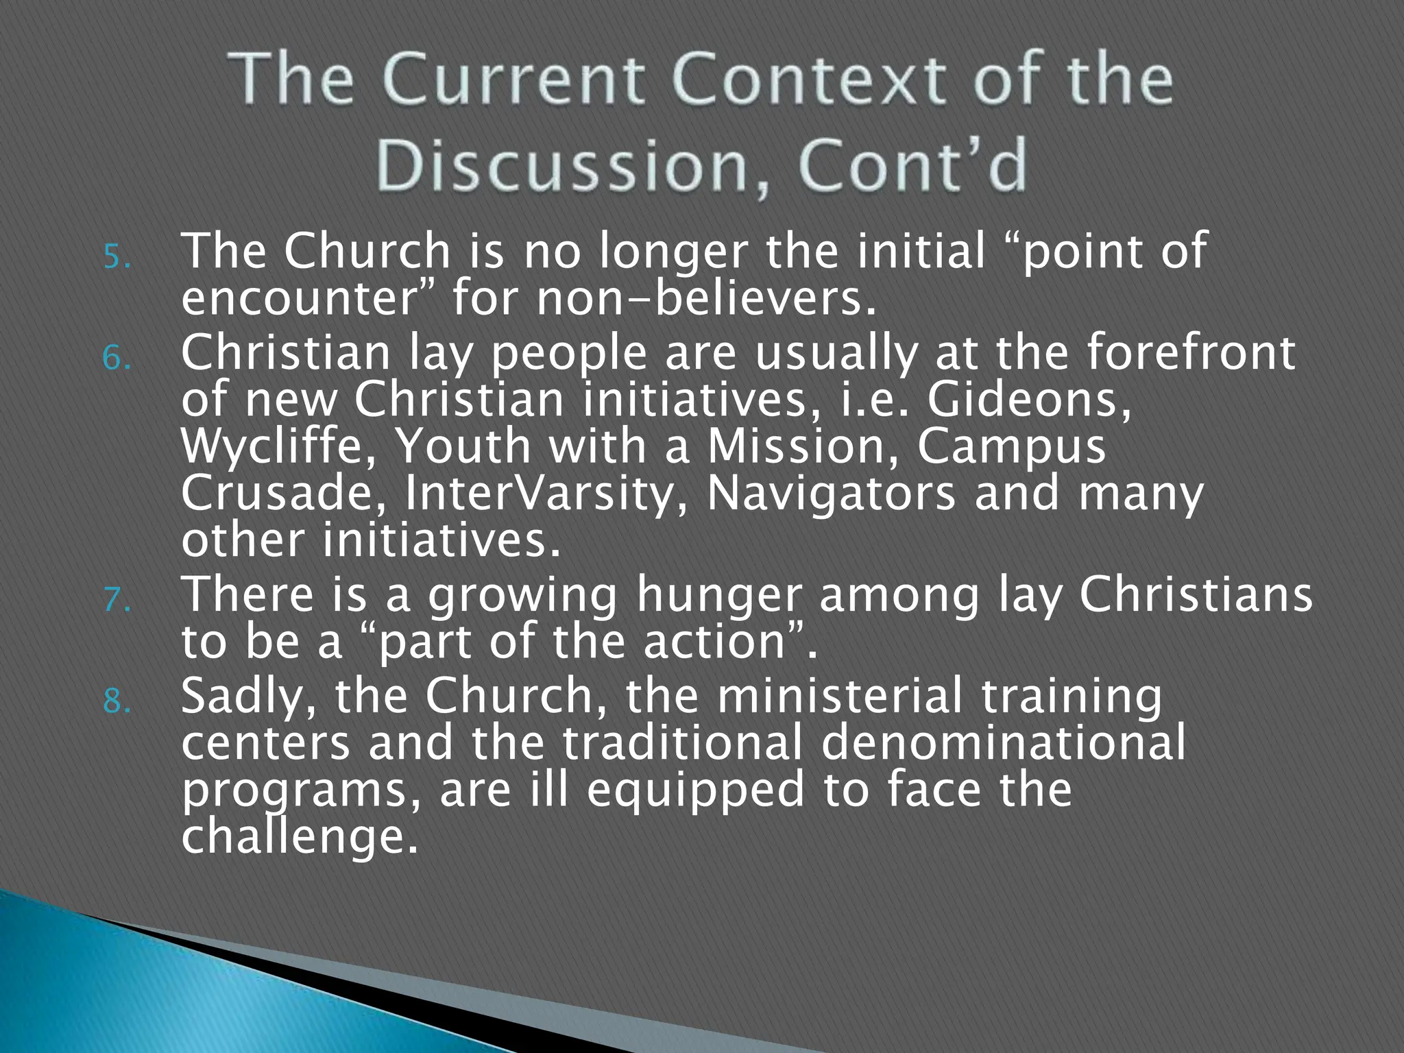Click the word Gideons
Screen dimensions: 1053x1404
tap(1028, 400)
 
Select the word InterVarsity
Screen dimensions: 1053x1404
tap(546, 494)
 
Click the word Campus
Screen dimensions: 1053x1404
tap(1011, 447)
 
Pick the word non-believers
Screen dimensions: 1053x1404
tap(706, 299)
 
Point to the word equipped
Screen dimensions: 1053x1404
tap(695, 790)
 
